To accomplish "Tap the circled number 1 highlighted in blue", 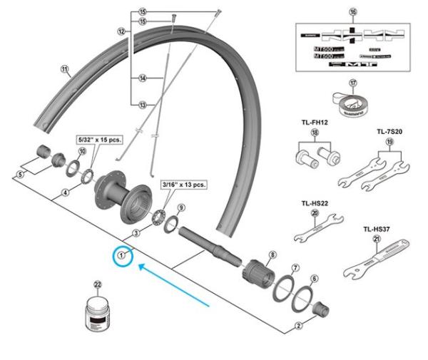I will click(122, 254).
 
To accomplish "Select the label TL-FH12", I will click(315, 123).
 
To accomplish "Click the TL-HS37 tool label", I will click(375, 230).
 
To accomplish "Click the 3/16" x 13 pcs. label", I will click(183, 185).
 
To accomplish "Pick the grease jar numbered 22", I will click(98, 314).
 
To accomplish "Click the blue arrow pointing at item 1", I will click(174, 284).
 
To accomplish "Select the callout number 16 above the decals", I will click(352, 13).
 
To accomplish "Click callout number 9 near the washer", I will click(181, 207).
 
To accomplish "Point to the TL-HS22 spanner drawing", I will click(315, 230).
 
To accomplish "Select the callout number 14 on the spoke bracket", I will click(143, 78).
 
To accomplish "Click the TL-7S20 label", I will click(389, 132).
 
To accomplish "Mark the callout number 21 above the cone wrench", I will click(376, 240).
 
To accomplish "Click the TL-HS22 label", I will click(315, 202).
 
